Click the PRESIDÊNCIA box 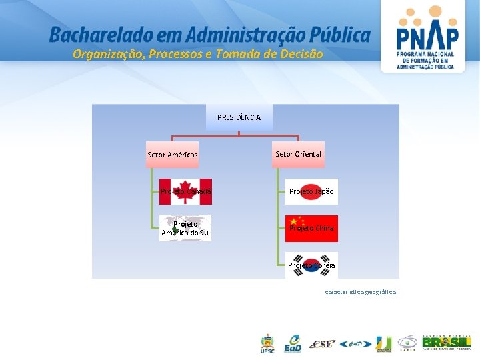[x=239, y=117]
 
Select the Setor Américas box [x=173, y=155]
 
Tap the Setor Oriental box [x=298, y=154]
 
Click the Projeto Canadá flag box [x=186, y=191]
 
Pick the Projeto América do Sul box [x=185, y=228]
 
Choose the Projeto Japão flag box [x=311, y=191]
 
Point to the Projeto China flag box [x=311, y=228]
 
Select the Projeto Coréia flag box [x=311, y=265]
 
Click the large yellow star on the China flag [x=293, y=221]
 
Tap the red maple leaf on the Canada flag [x=186, y=190]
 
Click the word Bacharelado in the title [x=93, y=35]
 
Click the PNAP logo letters [x=427, y=37]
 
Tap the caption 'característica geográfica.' [x=361, y=292]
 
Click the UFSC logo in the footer [x=267, y=344]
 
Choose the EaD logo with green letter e [x=293, y=343]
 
